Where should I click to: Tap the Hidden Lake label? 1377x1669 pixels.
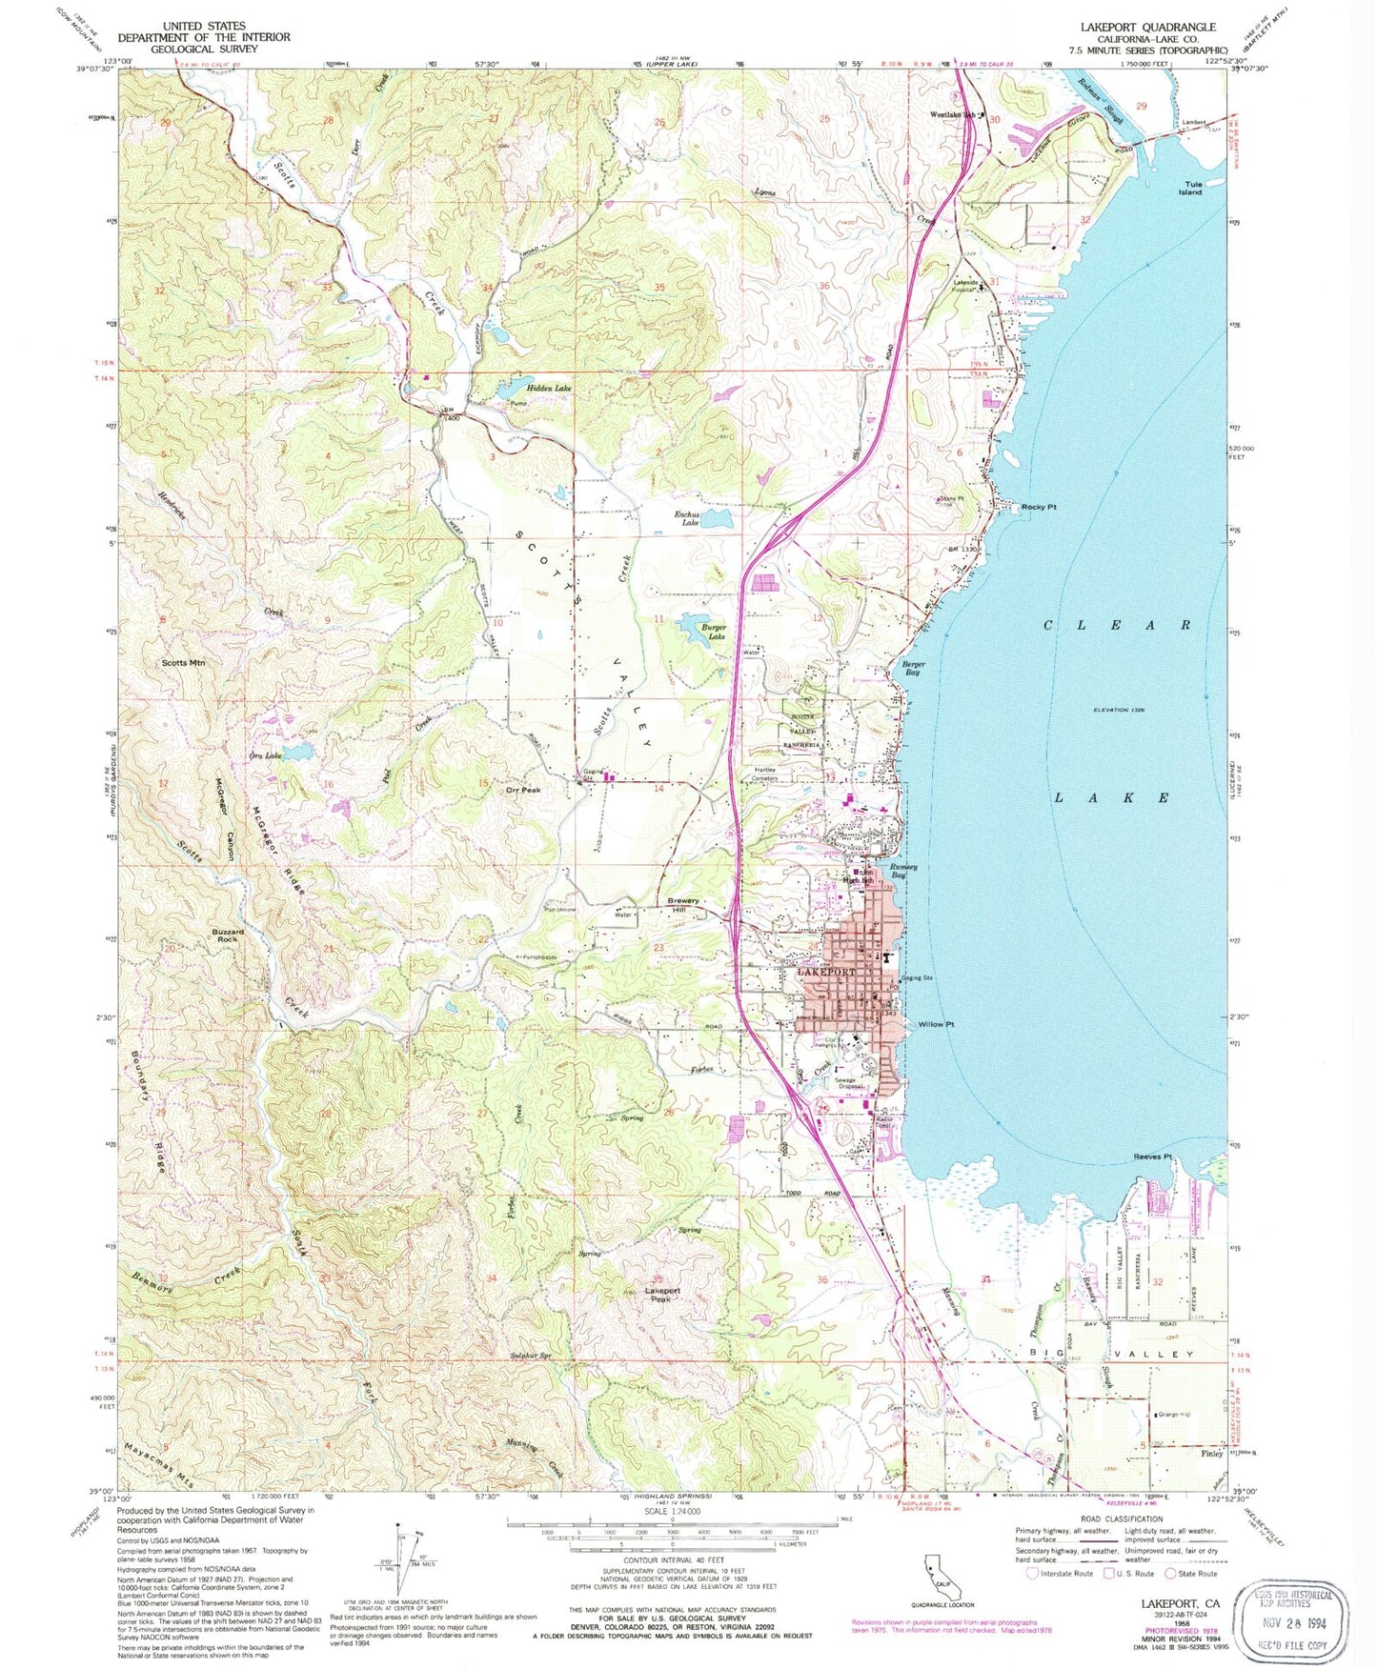coord(520,390)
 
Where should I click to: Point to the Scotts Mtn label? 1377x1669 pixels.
coord(184,662)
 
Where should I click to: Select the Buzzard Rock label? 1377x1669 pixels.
coord(227,935)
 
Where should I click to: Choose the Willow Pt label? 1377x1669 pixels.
coord(937,1024)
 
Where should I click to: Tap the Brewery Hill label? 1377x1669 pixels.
coord(683,905)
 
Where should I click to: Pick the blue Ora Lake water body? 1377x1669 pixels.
coord(295,753)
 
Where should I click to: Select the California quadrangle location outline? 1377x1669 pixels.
coord(942,1582)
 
